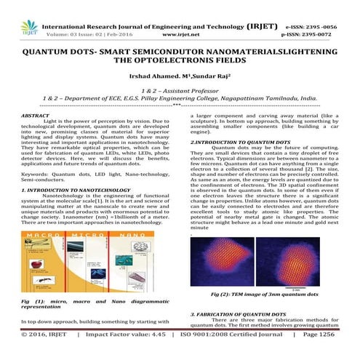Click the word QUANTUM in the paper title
48,53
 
